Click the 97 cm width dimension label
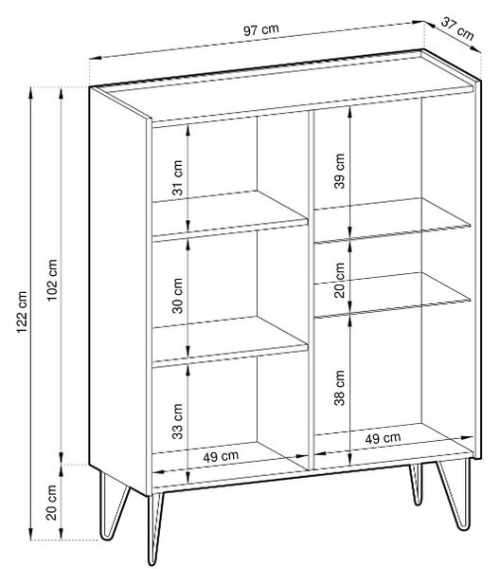(260, 30)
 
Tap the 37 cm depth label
(457, 29)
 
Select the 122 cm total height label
(22, 312)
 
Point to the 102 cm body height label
(52, 280)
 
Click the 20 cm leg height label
(52, 503)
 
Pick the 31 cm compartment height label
(177, 177)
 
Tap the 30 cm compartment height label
(177, 296)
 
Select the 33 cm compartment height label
(177, 421)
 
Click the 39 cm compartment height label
(340, 171)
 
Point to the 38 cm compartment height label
(340, 388)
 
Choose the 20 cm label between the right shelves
(340, 280)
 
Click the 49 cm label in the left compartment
(221, 456)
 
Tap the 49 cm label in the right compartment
(383, 438)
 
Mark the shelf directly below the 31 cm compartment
(230, 215)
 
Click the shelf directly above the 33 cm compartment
(230, 340)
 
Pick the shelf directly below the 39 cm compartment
(392, 220)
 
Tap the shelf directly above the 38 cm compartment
(392, 295)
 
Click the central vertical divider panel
(311, 288)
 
